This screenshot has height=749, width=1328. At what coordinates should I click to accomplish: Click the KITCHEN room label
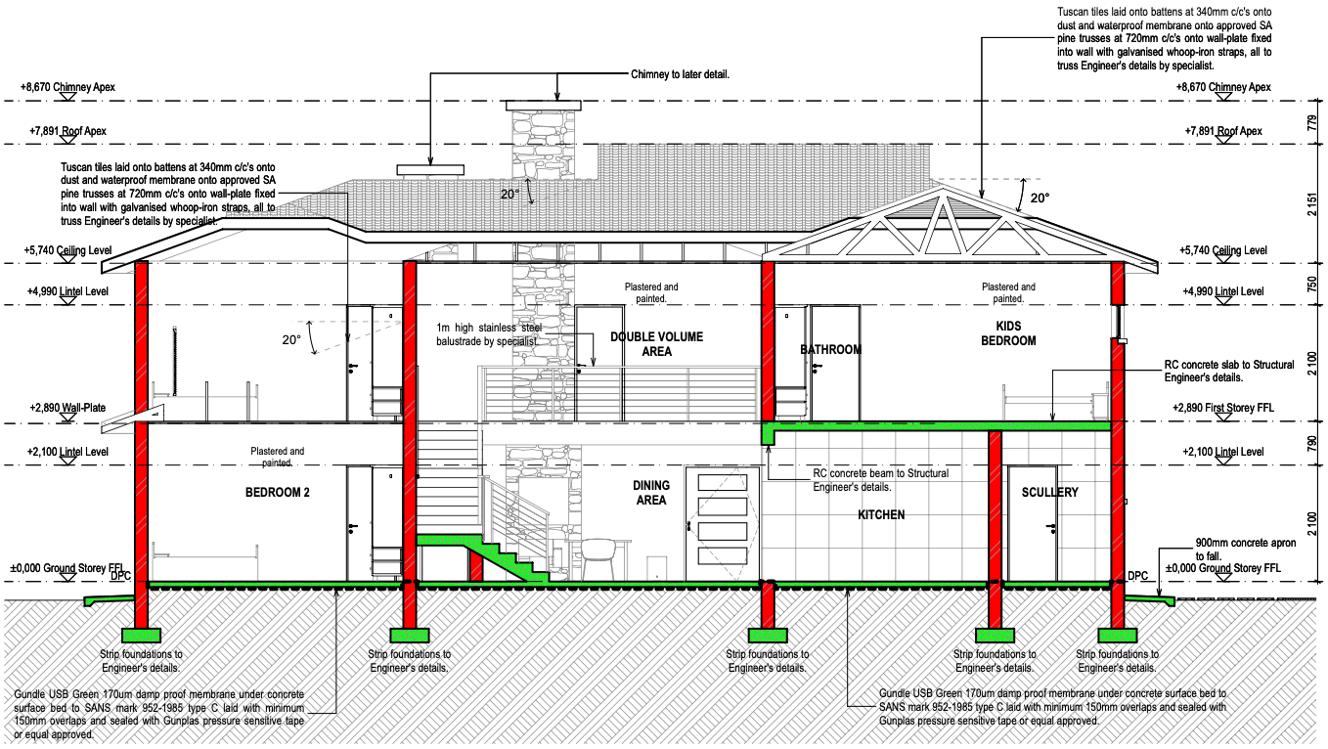(x=881, y=515)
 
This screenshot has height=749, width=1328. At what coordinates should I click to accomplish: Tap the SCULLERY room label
(x=1049, y=492)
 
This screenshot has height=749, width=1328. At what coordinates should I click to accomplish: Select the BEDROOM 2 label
(x=277, y=493)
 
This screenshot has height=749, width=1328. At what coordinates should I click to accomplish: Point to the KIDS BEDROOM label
(x=1008, y=333)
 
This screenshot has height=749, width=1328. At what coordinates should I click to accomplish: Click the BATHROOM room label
(x=830, y=350)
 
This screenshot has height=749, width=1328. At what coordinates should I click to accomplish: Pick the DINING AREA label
(x=651, y=493)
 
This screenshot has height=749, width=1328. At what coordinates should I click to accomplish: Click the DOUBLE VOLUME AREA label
(x=656, y=343)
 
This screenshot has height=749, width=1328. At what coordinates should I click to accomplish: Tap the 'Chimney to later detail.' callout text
(x=680, y=74)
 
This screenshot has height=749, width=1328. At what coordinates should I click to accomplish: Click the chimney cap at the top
(x=543, y=106)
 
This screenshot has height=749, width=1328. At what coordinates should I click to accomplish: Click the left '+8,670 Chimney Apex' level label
(x=67, y=87)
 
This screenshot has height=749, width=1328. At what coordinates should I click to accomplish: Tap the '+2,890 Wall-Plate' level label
(x=67, y=408)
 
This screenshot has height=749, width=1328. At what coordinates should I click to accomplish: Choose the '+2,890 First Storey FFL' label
(x=1222, y=408)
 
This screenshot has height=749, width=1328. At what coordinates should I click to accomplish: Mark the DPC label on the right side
(x=1137, y=575)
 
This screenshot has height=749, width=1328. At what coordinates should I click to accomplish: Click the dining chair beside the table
(x=598, y=559)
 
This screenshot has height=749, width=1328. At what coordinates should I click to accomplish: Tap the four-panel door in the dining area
(x=722, y=524)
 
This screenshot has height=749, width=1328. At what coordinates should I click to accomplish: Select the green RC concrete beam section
(x=769, y=434)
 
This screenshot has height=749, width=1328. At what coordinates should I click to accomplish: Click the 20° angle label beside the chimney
(x=509, y=195)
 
